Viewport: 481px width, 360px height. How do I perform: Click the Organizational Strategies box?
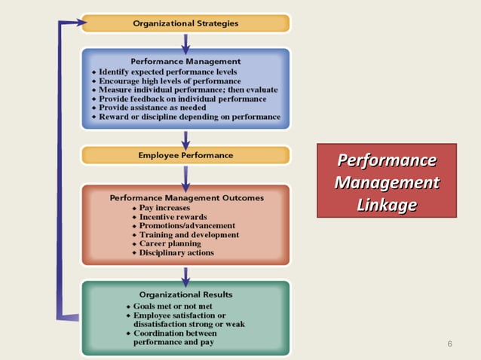click(x=185, y=23)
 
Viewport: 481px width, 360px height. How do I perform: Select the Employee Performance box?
click(x=185, y=155)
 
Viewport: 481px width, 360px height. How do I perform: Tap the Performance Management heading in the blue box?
click(x=185, y=61)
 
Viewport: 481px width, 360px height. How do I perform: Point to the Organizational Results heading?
click(x=185, y=294)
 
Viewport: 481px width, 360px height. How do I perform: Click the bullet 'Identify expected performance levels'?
click(x=164, y=71)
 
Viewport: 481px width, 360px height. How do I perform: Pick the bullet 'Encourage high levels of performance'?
click(x=170, y=81)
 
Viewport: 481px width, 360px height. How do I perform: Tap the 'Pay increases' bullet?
click(x=164, y=208)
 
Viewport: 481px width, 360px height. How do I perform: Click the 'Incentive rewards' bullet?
click(x=171, y=217)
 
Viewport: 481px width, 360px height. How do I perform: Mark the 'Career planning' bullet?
click(x=170, y=244)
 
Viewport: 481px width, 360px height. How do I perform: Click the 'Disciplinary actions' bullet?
click(x=176, y=253)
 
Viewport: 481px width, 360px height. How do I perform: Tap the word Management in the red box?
click(x=386, y=183)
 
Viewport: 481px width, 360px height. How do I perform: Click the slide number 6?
click(x=450, y=344)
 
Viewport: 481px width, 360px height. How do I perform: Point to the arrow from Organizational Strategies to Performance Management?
click(x=185, y=40)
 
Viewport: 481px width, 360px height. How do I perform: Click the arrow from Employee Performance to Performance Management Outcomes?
click(x=185, y=175)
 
